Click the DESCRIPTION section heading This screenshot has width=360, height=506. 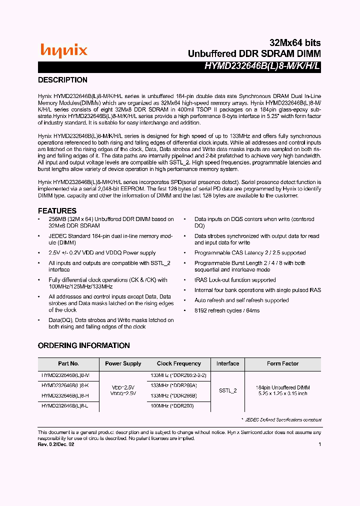click(63, 80)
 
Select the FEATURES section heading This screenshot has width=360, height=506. click(57, 211)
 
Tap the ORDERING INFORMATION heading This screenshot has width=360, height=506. click(84, 345)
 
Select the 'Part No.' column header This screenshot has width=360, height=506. click(68, 363)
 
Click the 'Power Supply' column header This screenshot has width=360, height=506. click(123, 363)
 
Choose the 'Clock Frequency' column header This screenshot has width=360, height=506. click(178, 363)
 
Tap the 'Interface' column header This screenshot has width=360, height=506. click(227, 363)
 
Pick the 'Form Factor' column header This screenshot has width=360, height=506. click(282, 363)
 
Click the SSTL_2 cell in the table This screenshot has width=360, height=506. click(227, 390)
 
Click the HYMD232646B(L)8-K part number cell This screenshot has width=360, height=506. click(65, 385)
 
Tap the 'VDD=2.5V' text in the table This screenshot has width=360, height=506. click(123, 387)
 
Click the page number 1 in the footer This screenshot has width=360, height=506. click(319, 444)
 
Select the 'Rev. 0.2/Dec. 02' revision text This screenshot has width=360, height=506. click(56, 444)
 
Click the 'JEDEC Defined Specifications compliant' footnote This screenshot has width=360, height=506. click(283, 420)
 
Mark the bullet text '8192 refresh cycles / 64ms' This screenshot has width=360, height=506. click(227, 310)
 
